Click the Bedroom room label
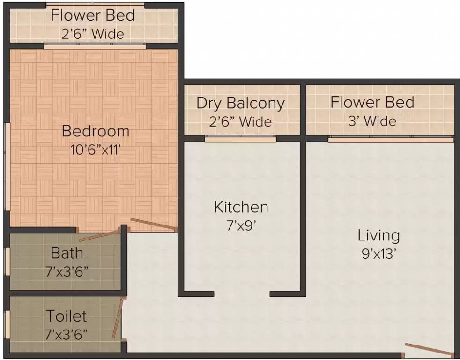coord(96,131)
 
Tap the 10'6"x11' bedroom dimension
coord(96,150)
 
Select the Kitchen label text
coord(241,207)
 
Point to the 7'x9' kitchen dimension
coord(241,225)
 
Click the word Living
coord(378,236)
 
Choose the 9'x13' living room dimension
coord(379,254)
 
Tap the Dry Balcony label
coord(241,104)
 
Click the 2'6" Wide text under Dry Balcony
coord(240,121)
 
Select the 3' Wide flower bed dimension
coord(372,120)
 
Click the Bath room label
coord(67,253)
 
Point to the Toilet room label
coord(67,316)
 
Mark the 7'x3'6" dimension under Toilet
coord(67,335)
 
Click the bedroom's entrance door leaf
coord(154,223)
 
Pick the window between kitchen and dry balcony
coord(240,138)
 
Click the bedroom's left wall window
coord(7,166)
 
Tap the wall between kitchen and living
coord(303,188)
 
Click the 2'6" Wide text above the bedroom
coord(93,34)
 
